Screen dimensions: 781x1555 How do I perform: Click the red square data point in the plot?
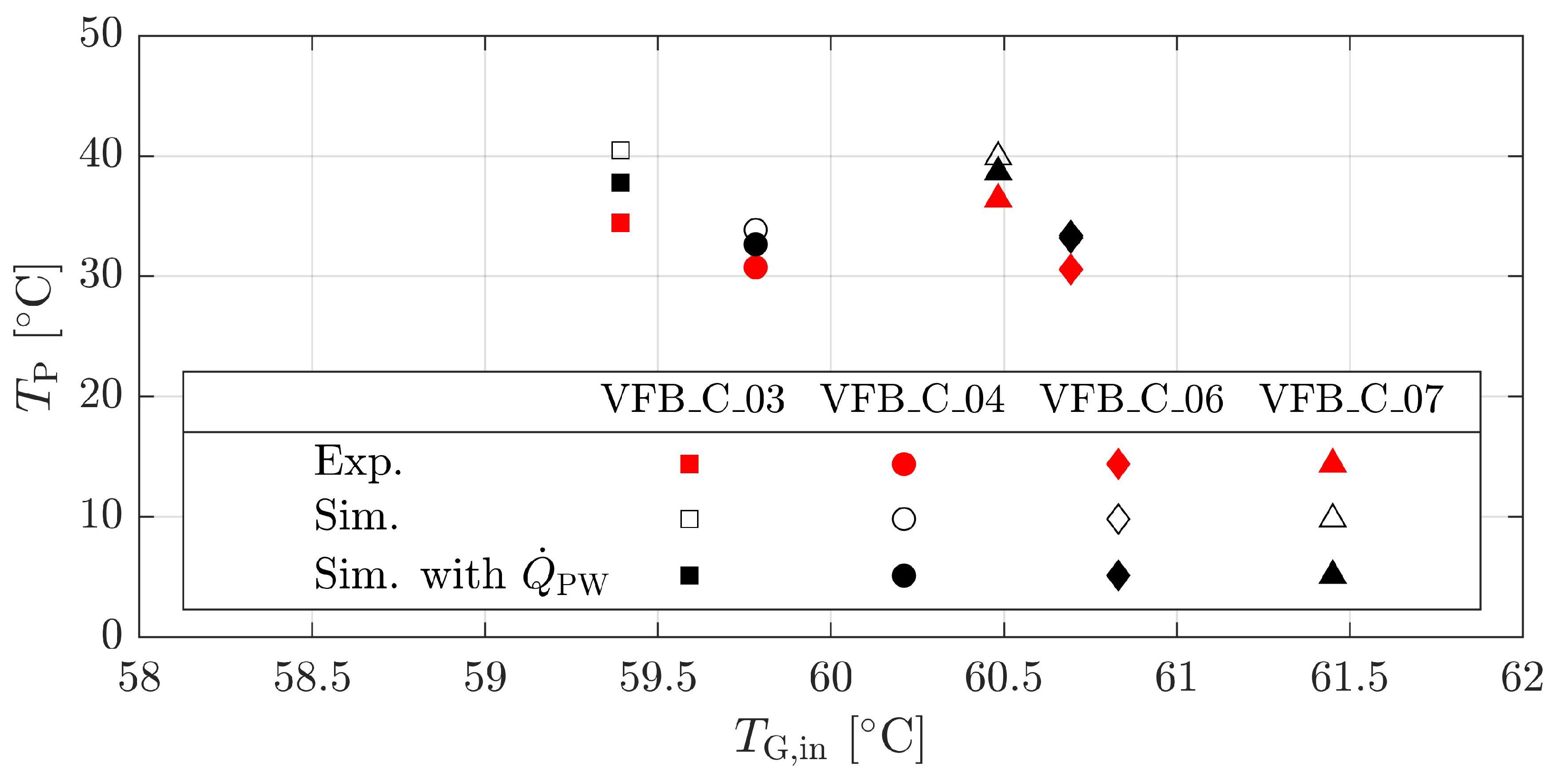(x=620, y=223)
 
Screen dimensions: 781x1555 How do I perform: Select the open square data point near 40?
(x=620, y=150)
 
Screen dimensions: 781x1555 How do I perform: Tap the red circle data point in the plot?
(x=755, y=267)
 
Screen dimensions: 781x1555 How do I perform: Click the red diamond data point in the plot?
(x=1070, y=269)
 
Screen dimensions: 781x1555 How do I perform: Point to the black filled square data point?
(x=620, y=182)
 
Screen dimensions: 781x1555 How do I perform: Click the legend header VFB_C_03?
(x=693, y=400)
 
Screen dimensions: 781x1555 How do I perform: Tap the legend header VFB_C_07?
(x=1351, y=400)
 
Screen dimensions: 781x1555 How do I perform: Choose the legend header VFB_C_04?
(x=913, y=400)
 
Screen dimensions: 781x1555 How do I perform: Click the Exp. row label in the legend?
(x=357, y=463)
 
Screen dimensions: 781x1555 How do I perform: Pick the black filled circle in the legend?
(x=903, y=575)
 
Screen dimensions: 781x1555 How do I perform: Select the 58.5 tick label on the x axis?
(x=312, y=678)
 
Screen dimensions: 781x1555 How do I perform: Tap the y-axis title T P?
(x=38, y=338)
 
